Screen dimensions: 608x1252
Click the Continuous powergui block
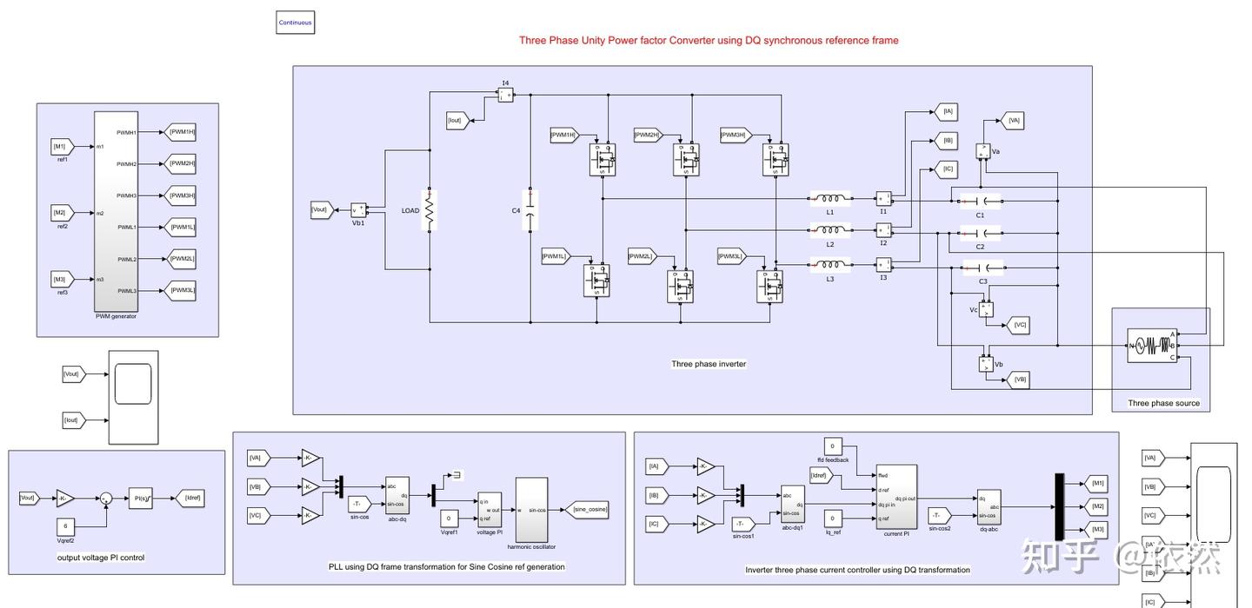click(x=295, y=23)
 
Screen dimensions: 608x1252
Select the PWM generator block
click(x=116, y=211)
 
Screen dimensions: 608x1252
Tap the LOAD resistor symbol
click(x=430, y=210)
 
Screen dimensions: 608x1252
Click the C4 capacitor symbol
click(x=529, y=210)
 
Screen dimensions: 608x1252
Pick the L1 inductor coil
click(x=830, y=198)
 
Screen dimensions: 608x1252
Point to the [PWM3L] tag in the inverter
click(x=733, y=256)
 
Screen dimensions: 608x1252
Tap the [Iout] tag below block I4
click(x=457, y=120)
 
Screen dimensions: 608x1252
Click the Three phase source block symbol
click(x=1151, y=346)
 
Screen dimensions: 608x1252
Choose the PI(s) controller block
click(x=140, y=498)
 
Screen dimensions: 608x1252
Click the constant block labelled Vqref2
click(x=66, y=526)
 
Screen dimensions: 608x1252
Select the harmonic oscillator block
click(x=531, y=509)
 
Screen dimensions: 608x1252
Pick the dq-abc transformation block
click(x=989, y=506)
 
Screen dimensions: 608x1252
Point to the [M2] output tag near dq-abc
click(x=1097, y=506)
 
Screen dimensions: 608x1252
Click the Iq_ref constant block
click(x=832, y=519)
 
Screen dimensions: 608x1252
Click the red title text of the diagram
click(x=709, y=40)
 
